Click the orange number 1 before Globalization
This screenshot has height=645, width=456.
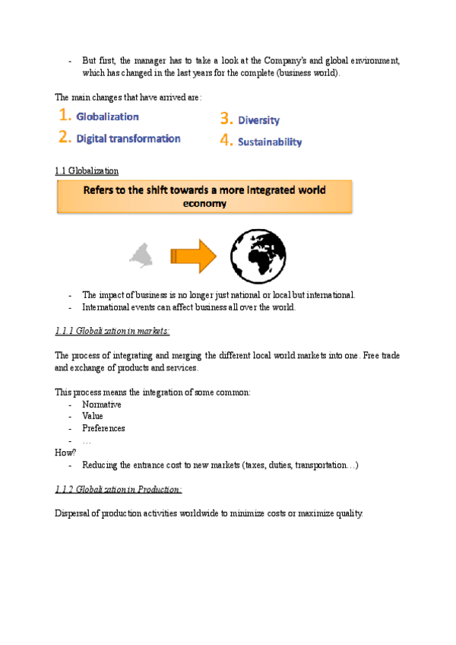(x=65, y=116)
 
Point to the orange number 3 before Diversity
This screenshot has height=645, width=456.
(x=226, y=119)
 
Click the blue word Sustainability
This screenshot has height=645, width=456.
(x=269, y=141)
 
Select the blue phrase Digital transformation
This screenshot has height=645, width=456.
(x=128, y=138)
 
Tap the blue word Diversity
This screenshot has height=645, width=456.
(x=258, y=120)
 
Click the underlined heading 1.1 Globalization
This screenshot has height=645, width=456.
(x=87, y=171)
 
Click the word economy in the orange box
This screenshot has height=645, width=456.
(x=204, y=203)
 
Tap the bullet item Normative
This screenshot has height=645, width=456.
(x=102, y=404)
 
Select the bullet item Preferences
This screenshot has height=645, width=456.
(x=103, y=428)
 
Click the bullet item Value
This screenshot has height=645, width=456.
(x=93, y=416)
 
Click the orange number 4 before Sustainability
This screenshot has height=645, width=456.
(x=226, y=141)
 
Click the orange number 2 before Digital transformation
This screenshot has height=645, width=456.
(x=65, y=138)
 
